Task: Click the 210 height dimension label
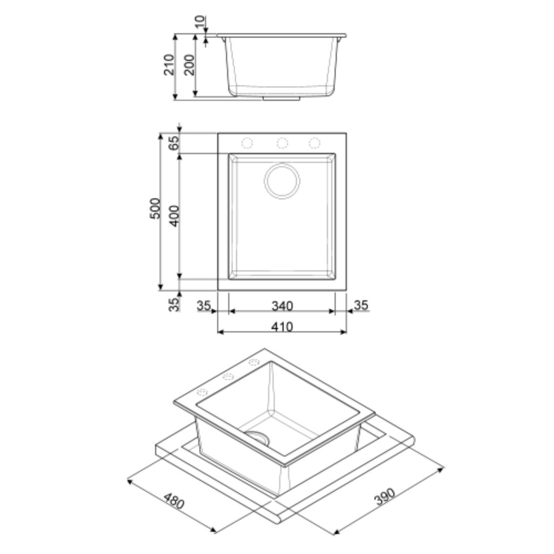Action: pyautogui.click(x=169, y=65)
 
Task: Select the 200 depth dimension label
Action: pyautogui.click(x=189, y=65)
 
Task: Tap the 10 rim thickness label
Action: pyautogui.click(x=200, y=22)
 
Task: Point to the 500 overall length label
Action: pyautogui.click(x=155, y=208)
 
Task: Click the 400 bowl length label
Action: pyautogui.click(x=174, y=216)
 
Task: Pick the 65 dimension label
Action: pyautogui.click(x=174, y=143)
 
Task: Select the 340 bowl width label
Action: pyautogui.click(x=283, y=306)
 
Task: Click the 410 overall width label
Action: pyautogui.click(x=283, y=327)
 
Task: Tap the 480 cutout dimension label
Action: pyautogui.click(x=174, y=501)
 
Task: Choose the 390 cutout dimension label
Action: pyautogui.click(x=384, y=496)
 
